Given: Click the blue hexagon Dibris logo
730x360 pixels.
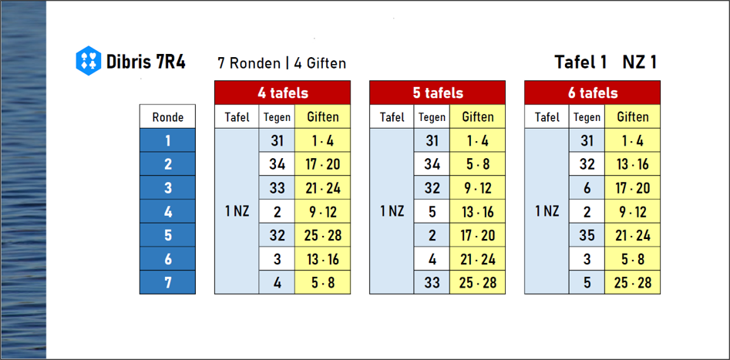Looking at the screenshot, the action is tap(89, 61).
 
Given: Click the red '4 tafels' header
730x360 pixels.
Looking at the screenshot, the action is tap(283, 93).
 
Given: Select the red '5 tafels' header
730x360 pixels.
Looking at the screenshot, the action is tap(438, 93).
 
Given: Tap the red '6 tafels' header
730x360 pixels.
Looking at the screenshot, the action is tap(592, 93).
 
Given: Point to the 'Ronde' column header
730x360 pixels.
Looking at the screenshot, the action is tap(167, 116).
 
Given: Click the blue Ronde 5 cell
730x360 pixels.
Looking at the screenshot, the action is tap(167, 234).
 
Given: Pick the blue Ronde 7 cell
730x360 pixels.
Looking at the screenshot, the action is tap(167, 282).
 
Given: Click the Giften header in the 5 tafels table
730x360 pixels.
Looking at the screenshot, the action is tap(478, 116).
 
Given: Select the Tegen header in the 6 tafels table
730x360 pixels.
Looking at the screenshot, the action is tap(587, 116).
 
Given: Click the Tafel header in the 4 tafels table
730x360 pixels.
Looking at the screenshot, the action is tap(237, 116).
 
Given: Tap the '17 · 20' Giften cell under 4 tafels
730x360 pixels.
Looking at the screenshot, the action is tap(323, 164).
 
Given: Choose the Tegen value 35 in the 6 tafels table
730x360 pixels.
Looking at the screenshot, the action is tap(587, 234).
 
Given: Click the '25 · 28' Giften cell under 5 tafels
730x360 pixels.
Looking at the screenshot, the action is tap(478, 282).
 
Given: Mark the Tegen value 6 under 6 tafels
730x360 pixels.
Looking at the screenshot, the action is tap(587, 187).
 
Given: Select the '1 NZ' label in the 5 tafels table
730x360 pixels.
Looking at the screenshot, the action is tap(392, 211).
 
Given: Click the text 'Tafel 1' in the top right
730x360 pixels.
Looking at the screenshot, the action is tap(580, 62).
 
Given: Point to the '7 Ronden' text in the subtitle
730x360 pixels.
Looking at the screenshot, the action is tap(248, 62).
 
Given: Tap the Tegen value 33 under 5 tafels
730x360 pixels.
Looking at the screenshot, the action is tap(432, 282).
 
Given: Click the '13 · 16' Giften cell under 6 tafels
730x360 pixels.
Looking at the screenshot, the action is tap(633, 164).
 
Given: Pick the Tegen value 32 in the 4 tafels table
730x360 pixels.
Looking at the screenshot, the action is tap(277, 234).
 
